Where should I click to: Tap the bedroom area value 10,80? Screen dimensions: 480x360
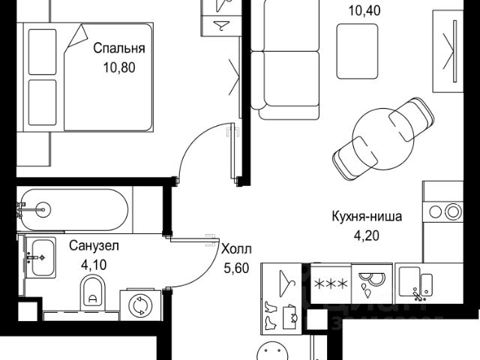pyautogui.click(x=118, y=76)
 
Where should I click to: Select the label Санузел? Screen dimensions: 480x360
pyautogui.click(x=94, y=245)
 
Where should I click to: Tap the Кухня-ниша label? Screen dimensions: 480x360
pyautogui.click(x=367, y=217)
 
